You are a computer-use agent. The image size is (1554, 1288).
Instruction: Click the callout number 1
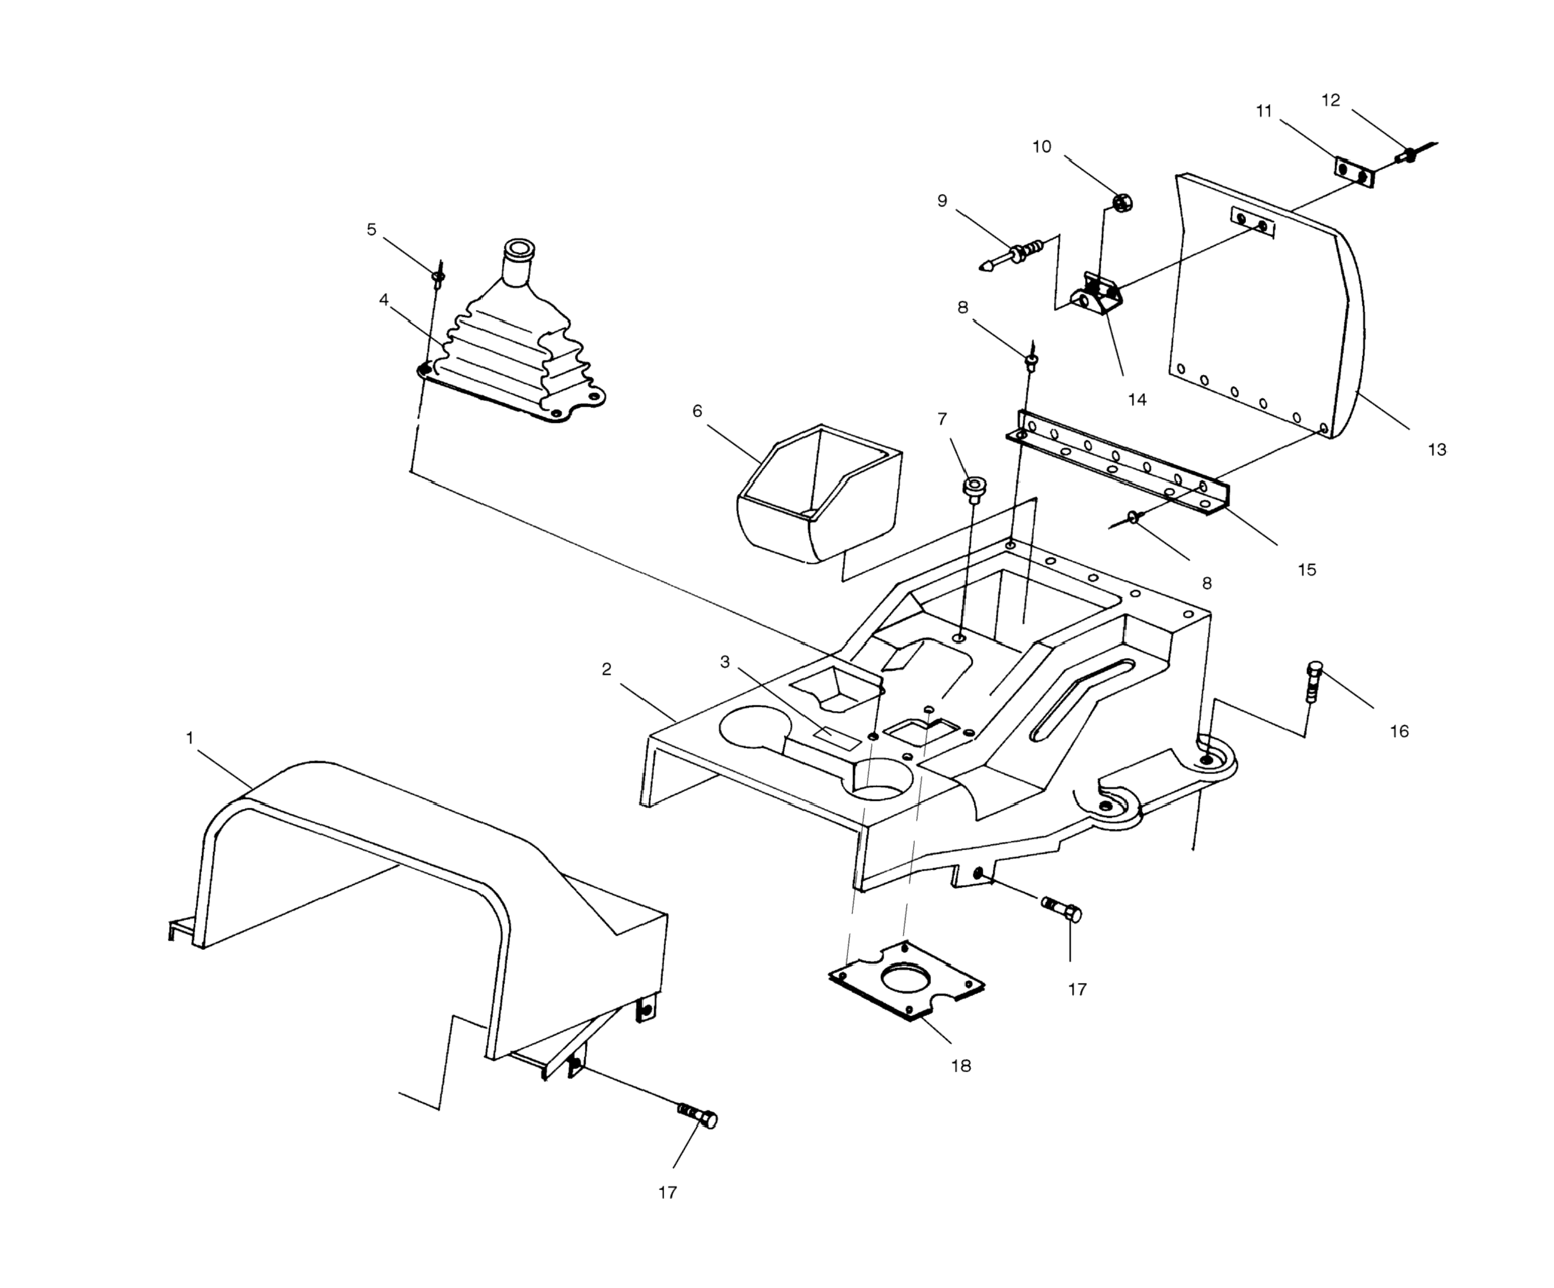[x=190, y=738]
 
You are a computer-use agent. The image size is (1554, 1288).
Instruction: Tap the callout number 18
[x=960, y=1065]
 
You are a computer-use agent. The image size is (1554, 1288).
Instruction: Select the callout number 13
[x=1436, y=449]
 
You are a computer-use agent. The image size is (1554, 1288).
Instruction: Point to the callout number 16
[x=1399, y=732]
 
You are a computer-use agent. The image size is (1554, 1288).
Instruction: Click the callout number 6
[x=697, y=411]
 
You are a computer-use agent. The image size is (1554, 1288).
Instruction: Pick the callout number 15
[x=1307, y=569]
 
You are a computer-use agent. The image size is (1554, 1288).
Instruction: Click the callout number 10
[x=1041, y=147]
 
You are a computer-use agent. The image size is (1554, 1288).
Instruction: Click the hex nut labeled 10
[x=1123, y=201]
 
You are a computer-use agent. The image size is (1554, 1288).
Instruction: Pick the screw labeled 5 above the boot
[x=438, y=278]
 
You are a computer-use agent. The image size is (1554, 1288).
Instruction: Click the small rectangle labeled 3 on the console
[x=837, y=737]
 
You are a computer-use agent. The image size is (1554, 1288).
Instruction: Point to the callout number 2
[x=606, y=669]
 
